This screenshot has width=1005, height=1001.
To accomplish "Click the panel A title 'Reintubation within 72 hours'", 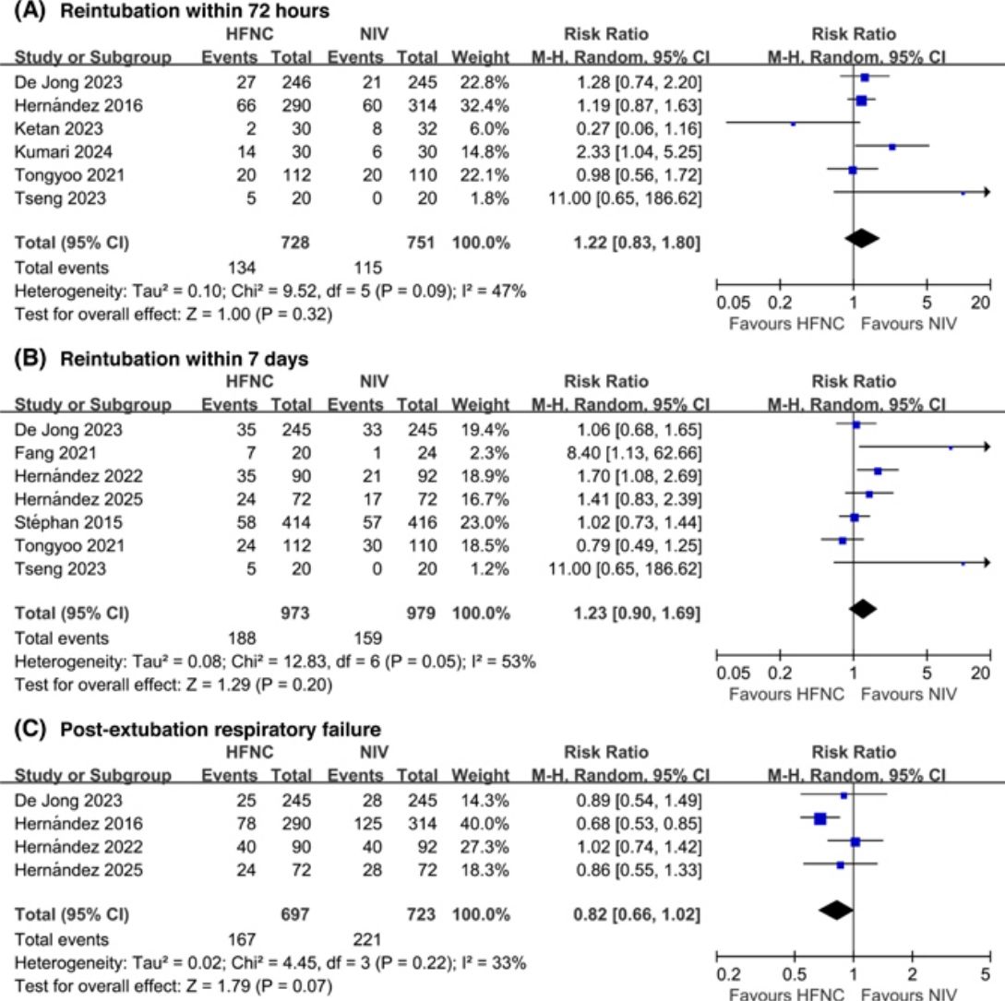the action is [x=194, y=11].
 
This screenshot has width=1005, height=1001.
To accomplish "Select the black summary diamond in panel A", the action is [x=862, y=238].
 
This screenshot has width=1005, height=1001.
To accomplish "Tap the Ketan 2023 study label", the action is [x=58, y=129].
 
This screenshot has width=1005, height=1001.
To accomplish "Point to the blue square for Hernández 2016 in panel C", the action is [x=820, y=817].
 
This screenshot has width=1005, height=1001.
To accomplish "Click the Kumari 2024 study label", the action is [x=63, y=152].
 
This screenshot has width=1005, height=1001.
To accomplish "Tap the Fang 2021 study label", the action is [x=55, y=453].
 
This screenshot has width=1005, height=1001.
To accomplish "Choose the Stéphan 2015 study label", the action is [x=68, y=522].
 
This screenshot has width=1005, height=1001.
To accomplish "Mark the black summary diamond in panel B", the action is [x=863, y=609].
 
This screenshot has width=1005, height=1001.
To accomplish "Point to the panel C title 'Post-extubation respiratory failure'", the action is [x=221, y=729].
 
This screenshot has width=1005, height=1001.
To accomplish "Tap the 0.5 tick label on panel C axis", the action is [x=795, y=975].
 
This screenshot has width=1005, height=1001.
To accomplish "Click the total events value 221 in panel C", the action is [x=367, y=939].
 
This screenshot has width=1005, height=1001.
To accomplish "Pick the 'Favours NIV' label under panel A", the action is [x=908, y=324].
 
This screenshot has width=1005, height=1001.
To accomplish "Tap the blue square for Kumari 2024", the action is [x=892, y=147].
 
